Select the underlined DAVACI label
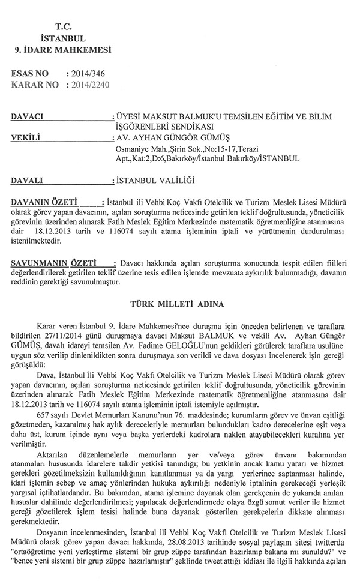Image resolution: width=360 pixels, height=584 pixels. point(27,115)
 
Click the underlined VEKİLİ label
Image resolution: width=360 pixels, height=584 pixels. point(26,137)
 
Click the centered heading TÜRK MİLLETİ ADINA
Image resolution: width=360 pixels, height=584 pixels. point(179,305)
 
